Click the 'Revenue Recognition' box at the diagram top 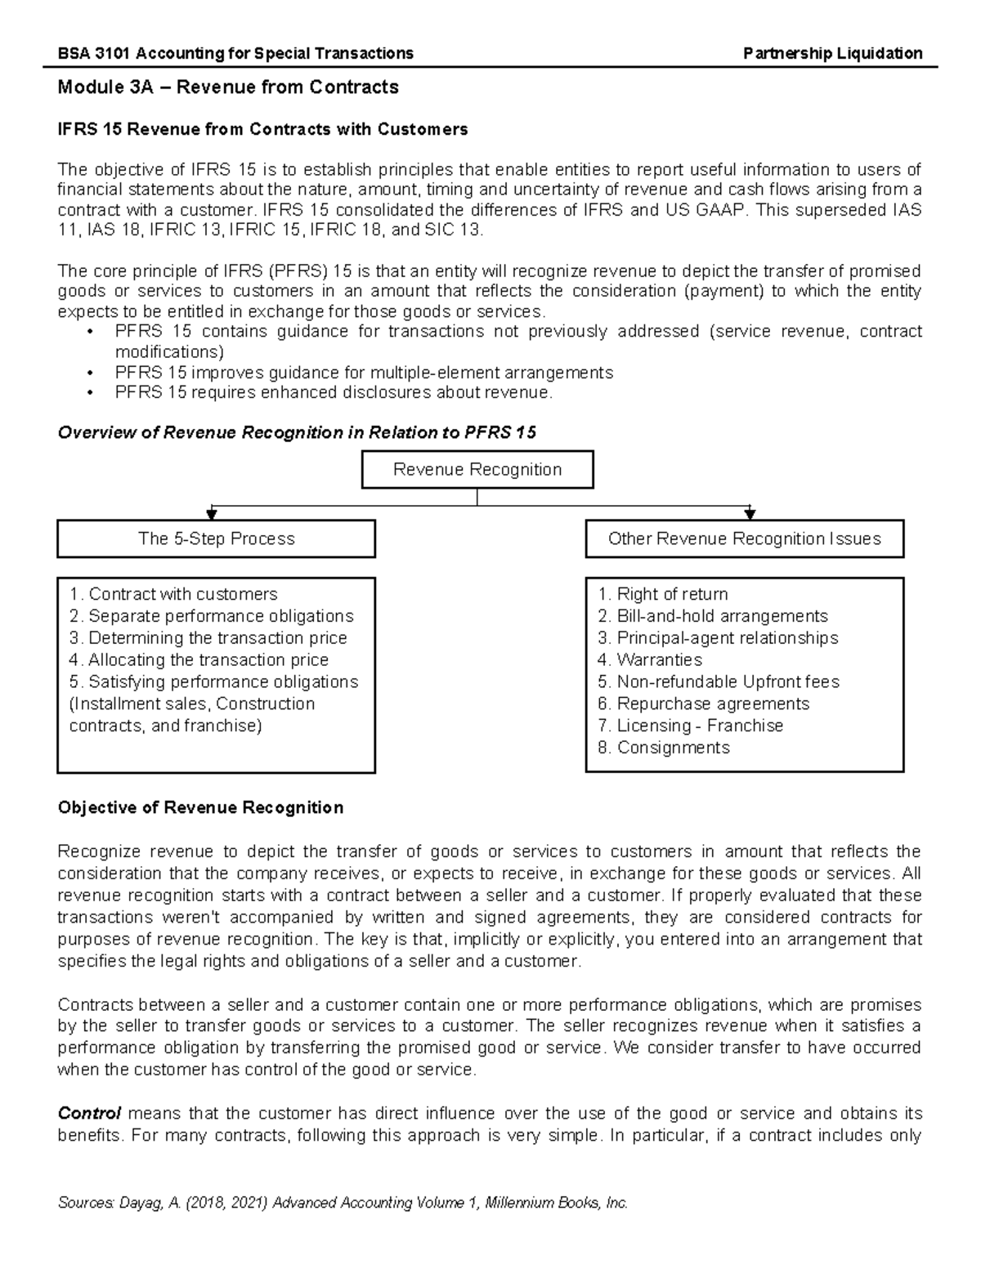click(x=477, y=470)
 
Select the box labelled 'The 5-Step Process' click(x=216, y=538)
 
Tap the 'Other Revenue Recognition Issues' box click(x=744, y=538)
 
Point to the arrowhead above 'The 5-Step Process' click(x=212, y=514)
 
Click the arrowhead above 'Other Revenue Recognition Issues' click(x=750, y=514)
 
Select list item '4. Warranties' click(x=649, y=659)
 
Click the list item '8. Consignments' click(x=663, y=748)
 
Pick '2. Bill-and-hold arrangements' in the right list click(x=712, y=616)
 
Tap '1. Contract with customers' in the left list click(x=173, y=594)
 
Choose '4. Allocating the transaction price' click(x=199, y=659)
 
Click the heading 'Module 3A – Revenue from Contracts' click(x=227, y=87)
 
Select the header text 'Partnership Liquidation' click(x=832, y=53)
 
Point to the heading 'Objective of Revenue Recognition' click(x=200, y=807)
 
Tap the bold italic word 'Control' click(x=89, y=1113)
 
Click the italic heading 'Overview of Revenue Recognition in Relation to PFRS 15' click(x=297, y=432)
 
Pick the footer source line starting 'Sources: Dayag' click(x=342, y=1203)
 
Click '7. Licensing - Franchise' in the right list click(x=690, y=726)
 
